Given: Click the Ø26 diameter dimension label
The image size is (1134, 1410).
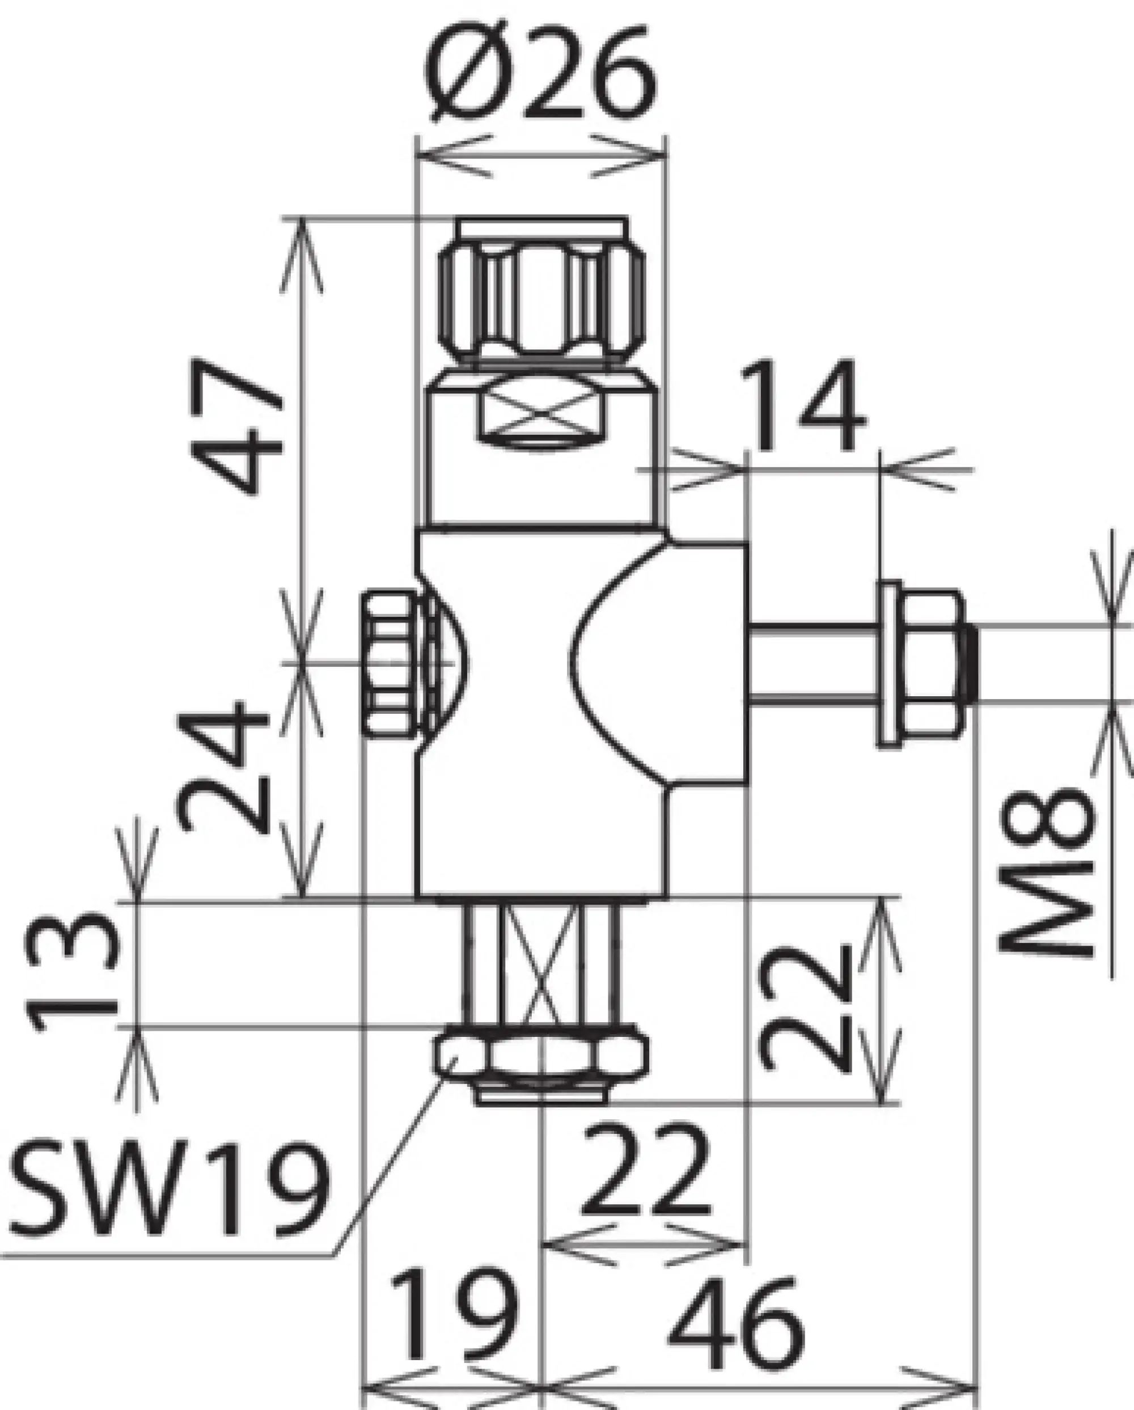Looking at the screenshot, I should coord(540,73).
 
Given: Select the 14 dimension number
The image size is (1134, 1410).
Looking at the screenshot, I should coord(802,407).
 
